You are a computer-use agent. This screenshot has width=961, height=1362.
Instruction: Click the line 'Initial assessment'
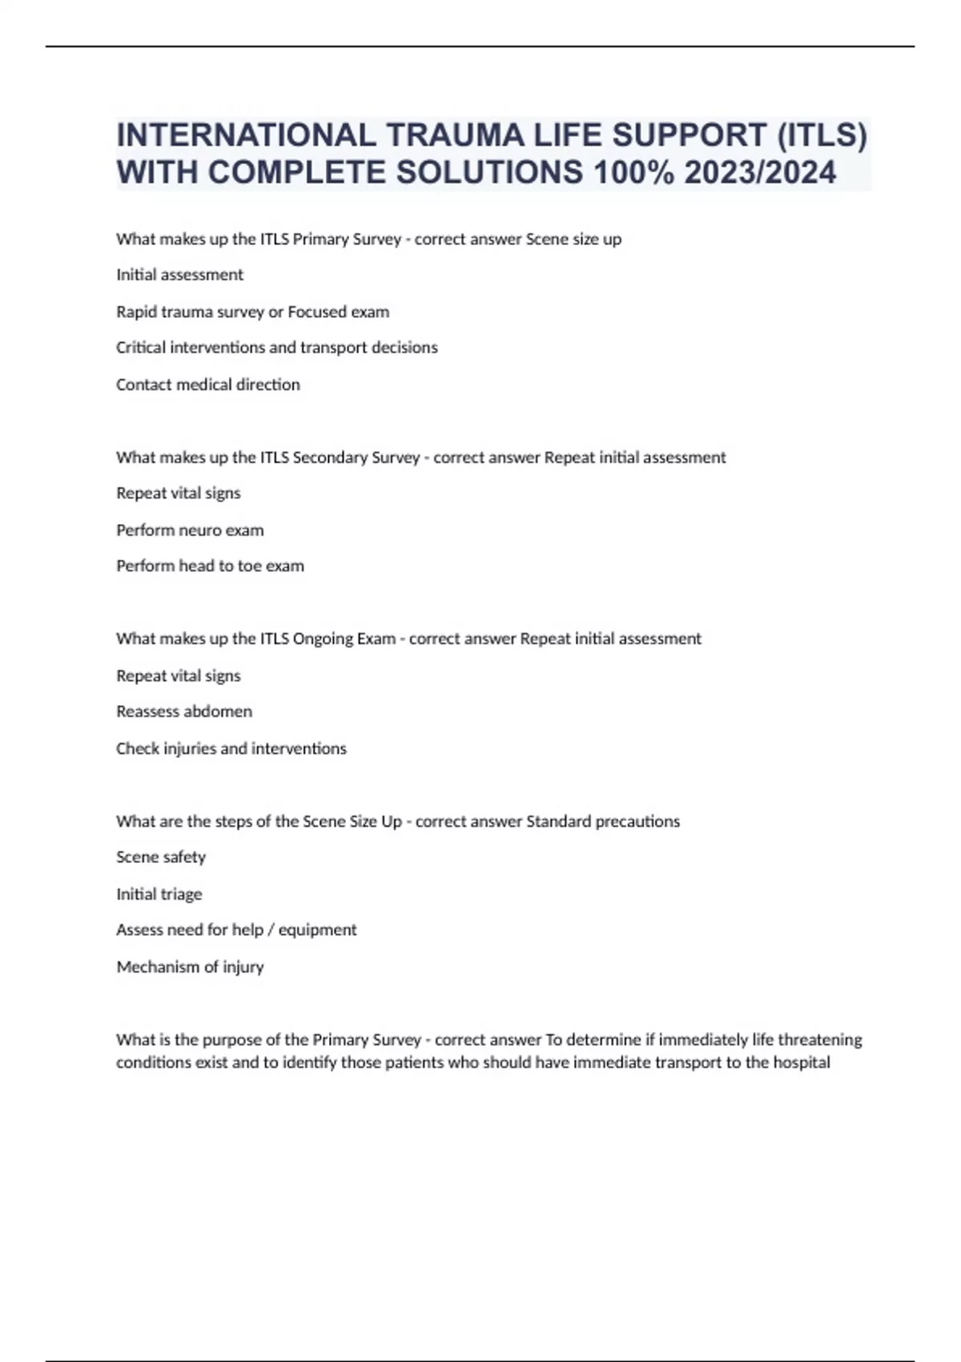tap(179, 275)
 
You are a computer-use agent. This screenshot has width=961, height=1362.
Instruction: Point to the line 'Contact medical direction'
tap(207, 385)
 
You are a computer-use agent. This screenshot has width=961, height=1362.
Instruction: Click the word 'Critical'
tap(142, 348)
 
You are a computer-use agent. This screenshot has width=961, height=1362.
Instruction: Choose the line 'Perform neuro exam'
tap(190, 530)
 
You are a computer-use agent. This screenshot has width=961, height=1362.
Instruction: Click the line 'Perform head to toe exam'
tap(210, 566)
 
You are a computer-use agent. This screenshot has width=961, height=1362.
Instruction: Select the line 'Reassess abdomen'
tap(183, 711)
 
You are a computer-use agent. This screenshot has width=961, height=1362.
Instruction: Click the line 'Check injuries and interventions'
tap(231, 748)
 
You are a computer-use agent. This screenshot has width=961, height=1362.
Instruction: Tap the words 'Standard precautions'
tap(603, 821)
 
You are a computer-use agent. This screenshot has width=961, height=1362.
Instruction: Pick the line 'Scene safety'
tap(160, 857)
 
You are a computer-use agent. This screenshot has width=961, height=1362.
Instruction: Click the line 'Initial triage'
tap(159, 894)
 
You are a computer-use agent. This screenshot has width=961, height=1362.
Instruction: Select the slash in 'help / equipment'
tap(271, 930)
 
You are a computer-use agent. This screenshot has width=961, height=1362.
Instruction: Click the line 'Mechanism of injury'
tap(190, 967)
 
